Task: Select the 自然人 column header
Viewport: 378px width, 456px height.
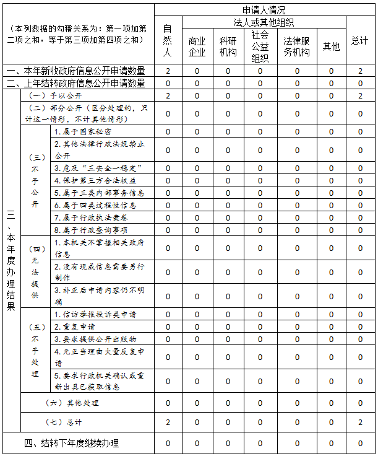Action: (168, 41)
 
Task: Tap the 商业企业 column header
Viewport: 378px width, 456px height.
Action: (197, 46)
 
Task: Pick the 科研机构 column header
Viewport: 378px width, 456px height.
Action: (228, 46)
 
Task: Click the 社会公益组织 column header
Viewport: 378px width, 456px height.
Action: (260, 46)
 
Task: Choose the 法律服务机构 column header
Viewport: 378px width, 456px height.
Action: (297, 46)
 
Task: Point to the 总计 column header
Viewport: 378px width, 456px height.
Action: (359, 41)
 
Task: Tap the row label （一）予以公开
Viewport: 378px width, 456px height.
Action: (55, 95)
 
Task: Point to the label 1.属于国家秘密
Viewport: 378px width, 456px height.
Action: (83, 131)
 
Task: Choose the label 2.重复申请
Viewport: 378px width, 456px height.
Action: (74, 327)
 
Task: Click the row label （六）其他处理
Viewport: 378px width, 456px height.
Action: (69, 403)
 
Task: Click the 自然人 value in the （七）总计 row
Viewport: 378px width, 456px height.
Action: (168, 422)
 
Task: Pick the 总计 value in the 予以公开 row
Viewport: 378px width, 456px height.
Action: (359, 95)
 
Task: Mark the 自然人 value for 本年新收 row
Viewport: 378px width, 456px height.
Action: (168, 71)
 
